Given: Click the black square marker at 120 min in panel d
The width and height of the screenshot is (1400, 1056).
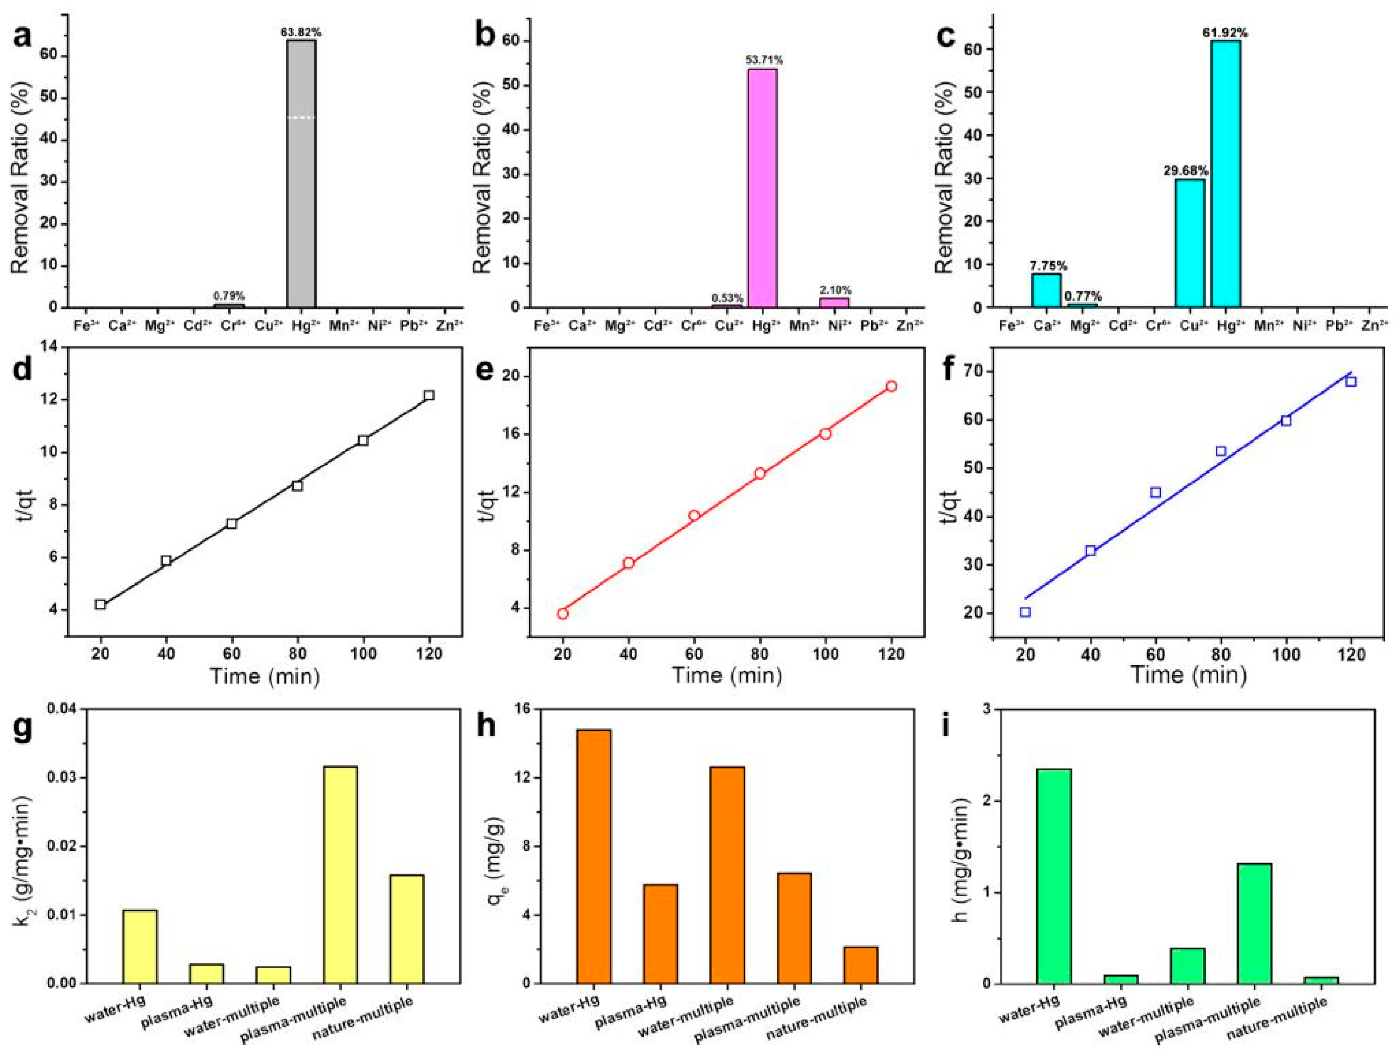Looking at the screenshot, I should tap(429, 395).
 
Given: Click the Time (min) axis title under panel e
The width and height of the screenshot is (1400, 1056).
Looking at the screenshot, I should tap(726, 675).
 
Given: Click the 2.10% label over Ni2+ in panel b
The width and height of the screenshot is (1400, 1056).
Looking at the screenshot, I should tap(836, 290).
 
